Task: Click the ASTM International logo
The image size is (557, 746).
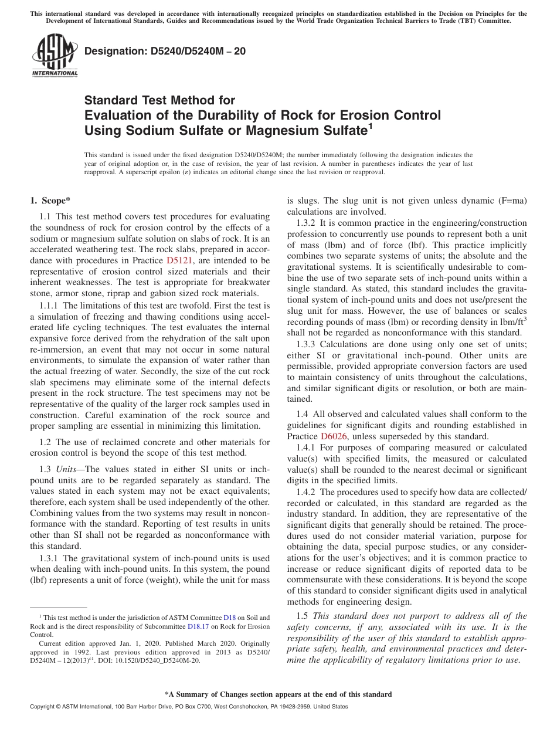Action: point(54,56)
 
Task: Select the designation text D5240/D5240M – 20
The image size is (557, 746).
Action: point(165,52)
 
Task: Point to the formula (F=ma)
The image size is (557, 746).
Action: point(509,201)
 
